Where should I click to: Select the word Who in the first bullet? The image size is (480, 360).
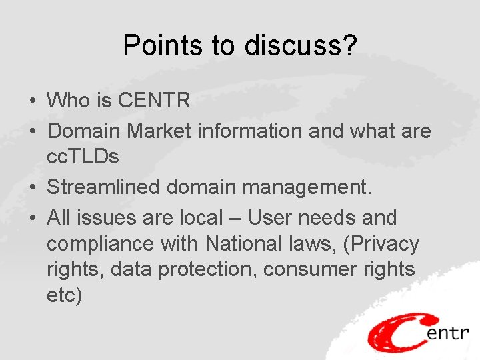[69, 101]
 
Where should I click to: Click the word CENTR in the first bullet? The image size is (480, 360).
[154, 101]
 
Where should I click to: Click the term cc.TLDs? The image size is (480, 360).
[83, 157]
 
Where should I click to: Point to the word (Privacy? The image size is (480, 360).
[381, 244]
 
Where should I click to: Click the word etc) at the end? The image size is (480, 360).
[64, 295]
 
